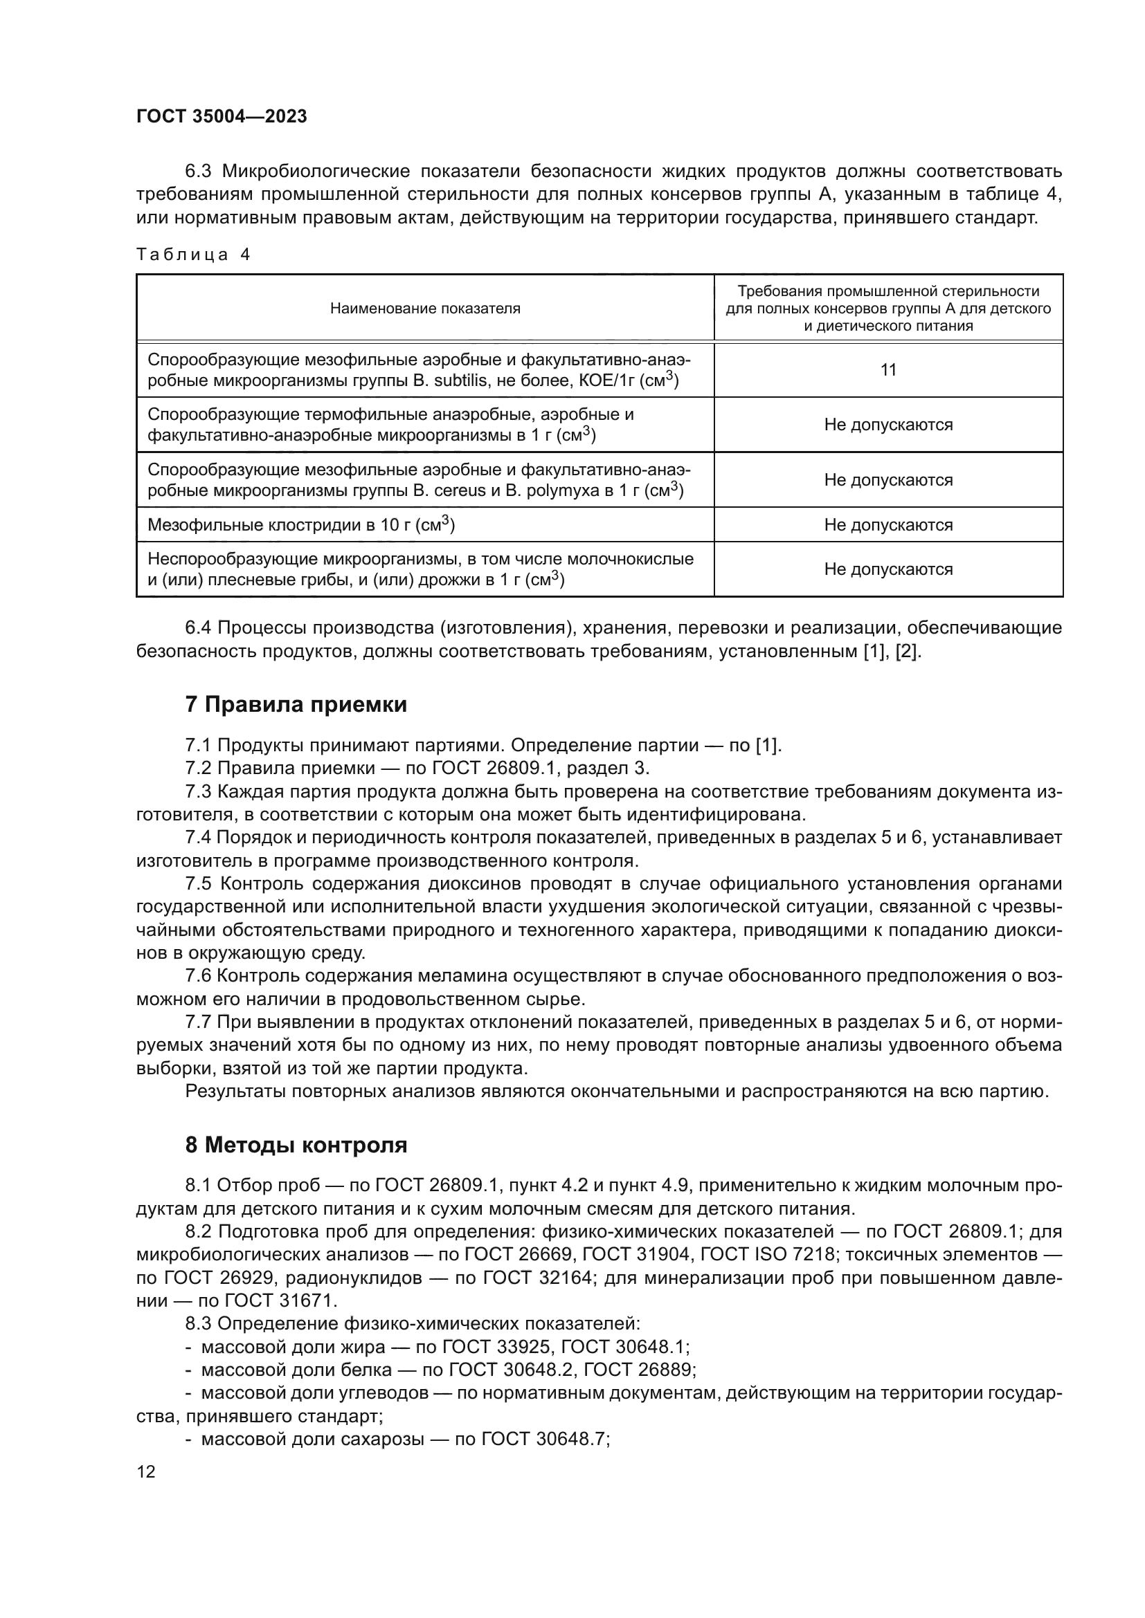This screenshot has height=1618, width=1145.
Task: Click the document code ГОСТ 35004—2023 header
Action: pyautogui.click(x=222, y=117)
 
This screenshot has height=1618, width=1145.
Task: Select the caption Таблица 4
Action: pyautogui.click(x=193, y=255)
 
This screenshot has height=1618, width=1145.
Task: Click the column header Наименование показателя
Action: pyautogui.click(x=425, y=309)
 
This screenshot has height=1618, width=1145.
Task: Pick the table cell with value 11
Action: pyautogui.click(x=887, y=370)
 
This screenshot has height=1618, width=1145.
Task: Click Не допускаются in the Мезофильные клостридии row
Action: pyautogui.click(x=887, y=525)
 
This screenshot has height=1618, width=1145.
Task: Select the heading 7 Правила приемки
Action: pyautogui.click(x=296, y=704)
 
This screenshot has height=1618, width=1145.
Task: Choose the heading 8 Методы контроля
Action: pyautogui.click(x=296, y=1145)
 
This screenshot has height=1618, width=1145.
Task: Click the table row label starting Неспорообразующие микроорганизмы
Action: pyautogui.click(x=420, y=569)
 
